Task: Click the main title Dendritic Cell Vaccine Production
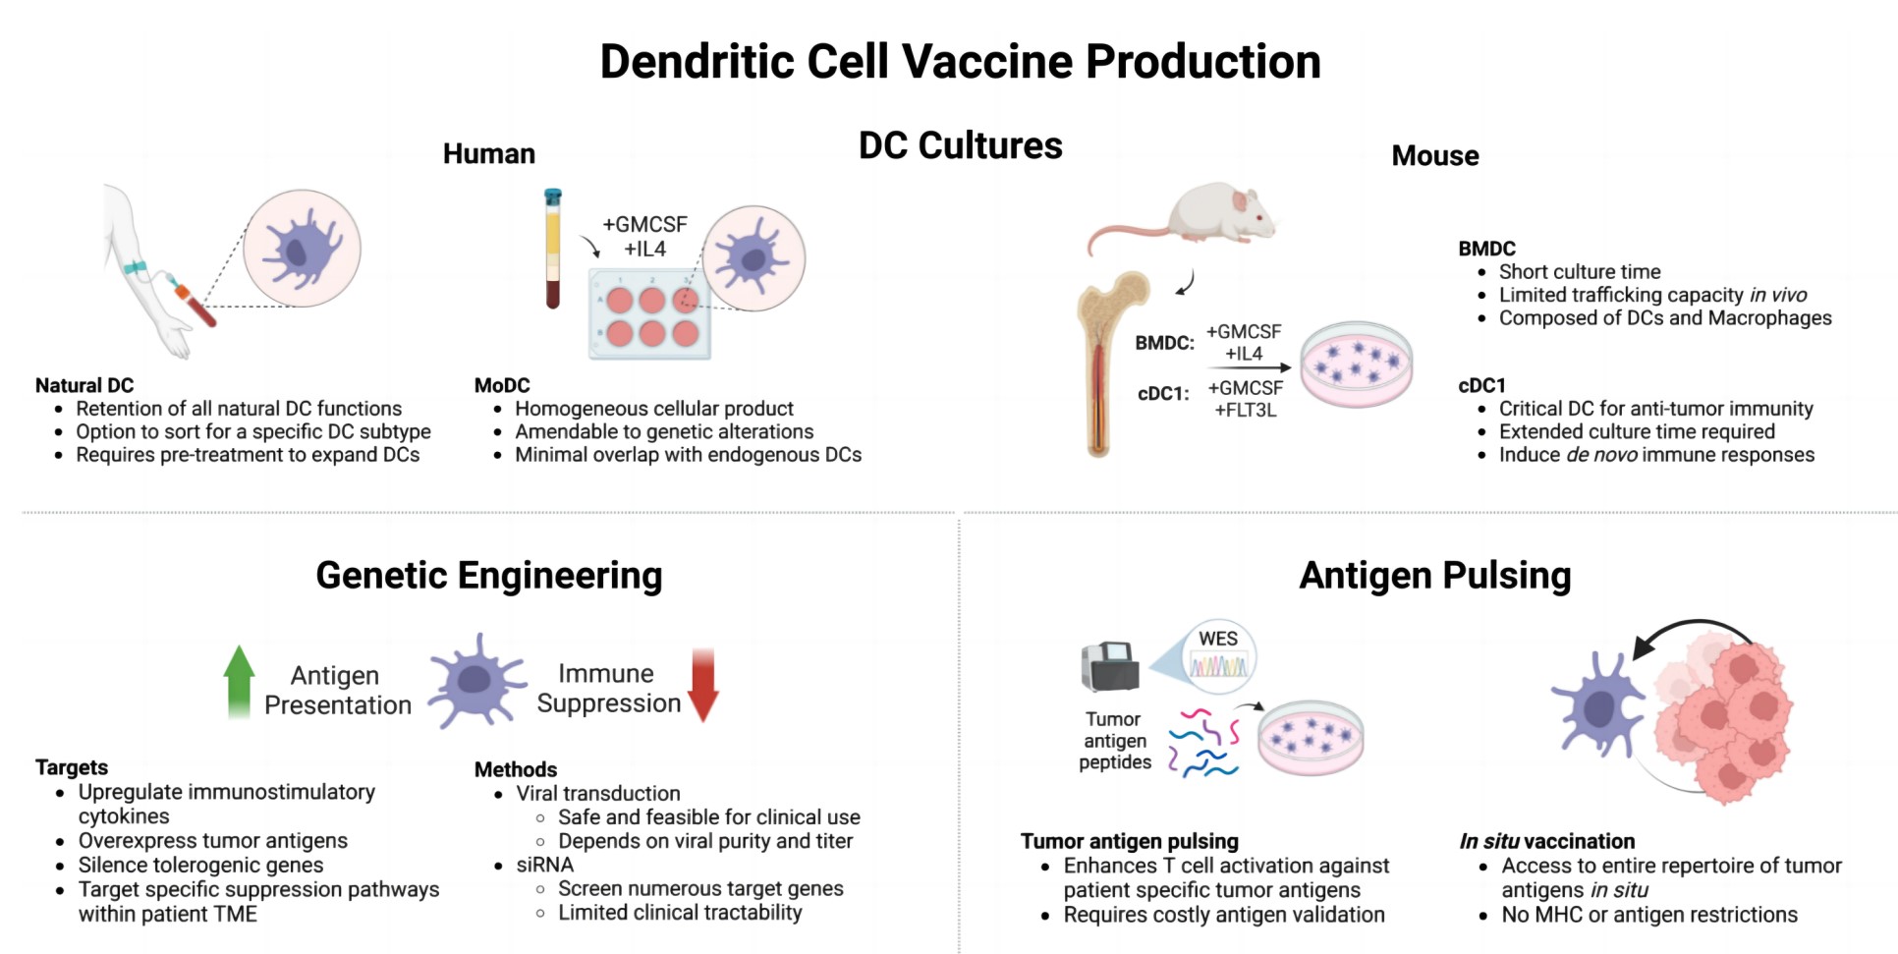[960, 61]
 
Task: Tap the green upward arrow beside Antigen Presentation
[239, 681]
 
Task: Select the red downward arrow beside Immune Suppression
[703, 685]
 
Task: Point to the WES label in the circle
[1218, 639]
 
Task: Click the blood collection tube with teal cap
[553, 248]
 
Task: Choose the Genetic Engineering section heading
[488, 576]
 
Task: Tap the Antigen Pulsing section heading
[1434, 576]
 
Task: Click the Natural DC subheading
[84, 385]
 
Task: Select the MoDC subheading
[502, 385]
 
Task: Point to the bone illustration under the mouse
[1105, 364]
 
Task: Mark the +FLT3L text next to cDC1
[1246, 410]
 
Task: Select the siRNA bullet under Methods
[544, 865]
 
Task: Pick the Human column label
[488, 154]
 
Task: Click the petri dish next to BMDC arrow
[1357, 365]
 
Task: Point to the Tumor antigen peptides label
[1114, 741]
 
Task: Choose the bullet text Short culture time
[1579, 272]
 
